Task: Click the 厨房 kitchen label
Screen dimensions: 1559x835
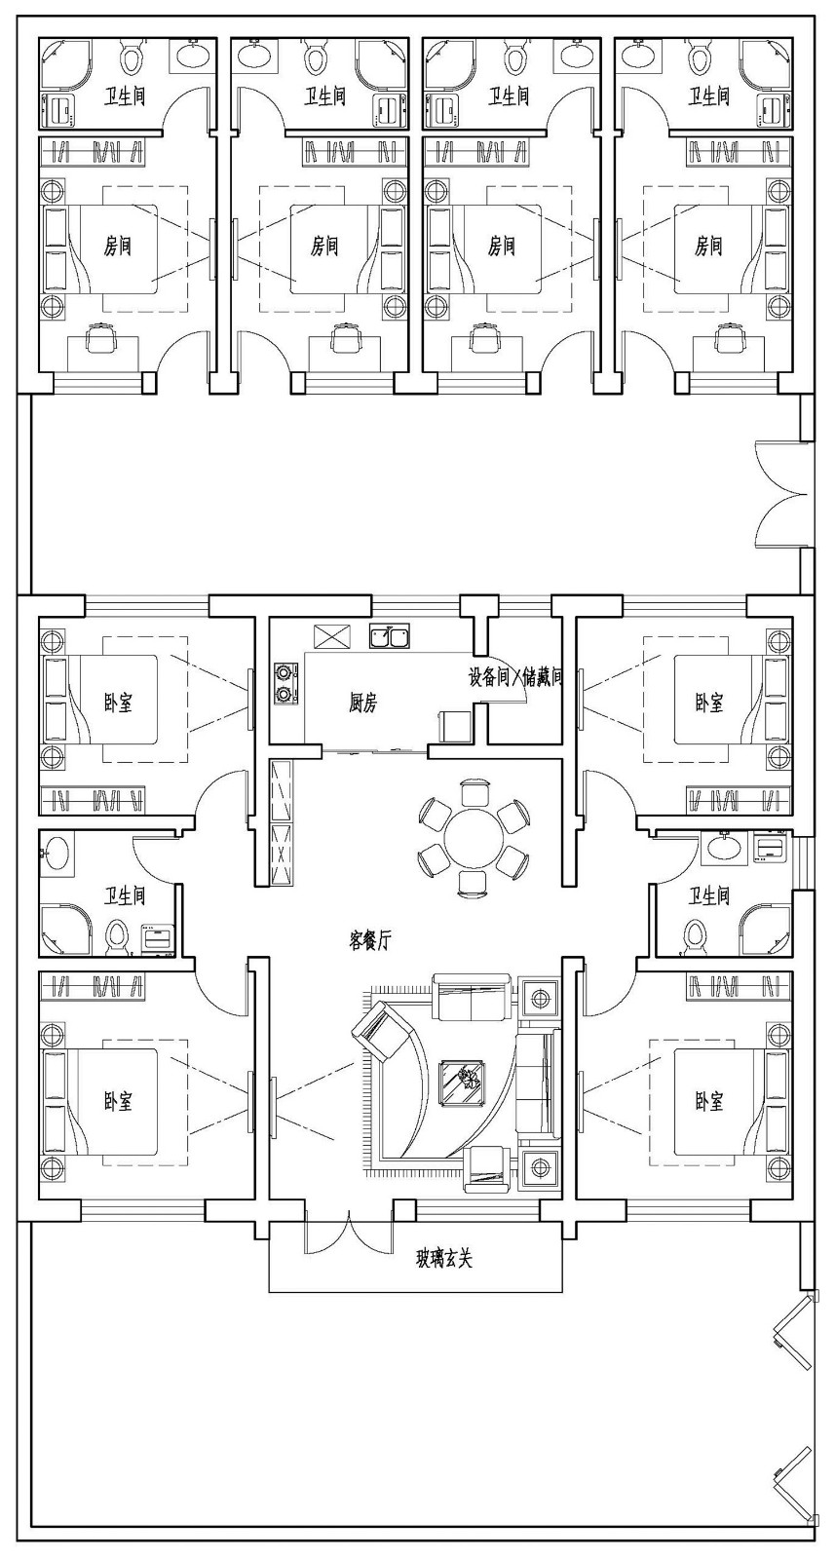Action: pyautogui.click(x=362, y=703)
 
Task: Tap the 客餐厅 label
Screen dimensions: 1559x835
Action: pyautogui.click(x=370, y=940)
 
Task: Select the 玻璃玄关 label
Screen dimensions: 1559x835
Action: pyautogui.click(x=444, y=1259)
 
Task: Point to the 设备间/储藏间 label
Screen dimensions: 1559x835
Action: pyautogui.click(x=515, y=676)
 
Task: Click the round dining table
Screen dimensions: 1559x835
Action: pyautogui.click(x=473, y=837)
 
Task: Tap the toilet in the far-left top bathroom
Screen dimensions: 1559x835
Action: pyautogui.click(x=132, y=57)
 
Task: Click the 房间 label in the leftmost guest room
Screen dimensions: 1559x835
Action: pyautogui.click(x=117, y=246)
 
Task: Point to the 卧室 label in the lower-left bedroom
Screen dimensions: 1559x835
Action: pyautogui.click(x=118, y=1101)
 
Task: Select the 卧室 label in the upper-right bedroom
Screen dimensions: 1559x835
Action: pyautogui.click(x=709, y=703)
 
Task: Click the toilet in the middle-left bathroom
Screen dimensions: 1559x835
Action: pyautogui.click(x=116, y=936)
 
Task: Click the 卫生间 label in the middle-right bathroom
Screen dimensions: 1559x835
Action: pyautogui.click(x=709, y=895)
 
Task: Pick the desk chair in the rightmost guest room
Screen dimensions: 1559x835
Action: pyautogui.click(x=725, y=338)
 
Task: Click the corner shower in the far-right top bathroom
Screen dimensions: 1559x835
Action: pyautogui.click(x=774, y=57)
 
